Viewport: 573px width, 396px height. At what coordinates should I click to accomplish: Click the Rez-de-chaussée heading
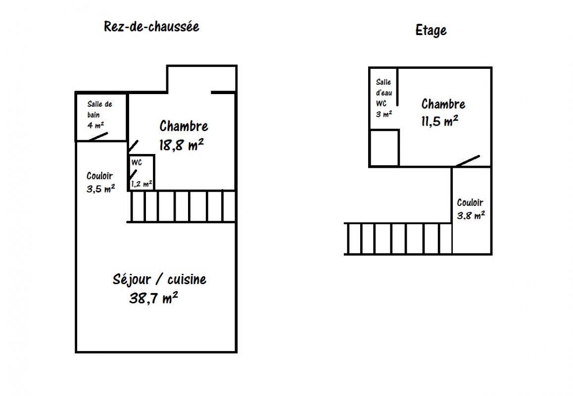coord(151,27)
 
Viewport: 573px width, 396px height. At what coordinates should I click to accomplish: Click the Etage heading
coord(431,30)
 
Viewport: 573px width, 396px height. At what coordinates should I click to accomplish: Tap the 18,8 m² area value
coord(181,145)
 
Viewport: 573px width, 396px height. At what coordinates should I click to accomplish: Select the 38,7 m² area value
coord(153,297)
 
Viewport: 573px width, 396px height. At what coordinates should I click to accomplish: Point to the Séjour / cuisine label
coord(159,279)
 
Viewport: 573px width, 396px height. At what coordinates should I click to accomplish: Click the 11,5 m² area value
coord(439,120)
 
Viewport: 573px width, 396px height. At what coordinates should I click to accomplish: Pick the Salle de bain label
coord(99,109)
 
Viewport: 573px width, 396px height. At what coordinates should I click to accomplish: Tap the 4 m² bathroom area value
coord(95,125)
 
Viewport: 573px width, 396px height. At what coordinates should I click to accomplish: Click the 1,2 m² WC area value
coord(142,184)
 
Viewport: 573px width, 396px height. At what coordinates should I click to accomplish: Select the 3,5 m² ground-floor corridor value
coord(100,189)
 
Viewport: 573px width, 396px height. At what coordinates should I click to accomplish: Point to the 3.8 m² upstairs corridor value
coord(471,215)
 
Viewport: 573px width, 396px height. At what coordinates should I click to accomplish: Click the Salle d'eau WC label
coord(383,93)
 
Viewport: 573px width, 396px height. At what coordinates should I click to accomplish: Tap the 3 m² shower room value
coord(383,114)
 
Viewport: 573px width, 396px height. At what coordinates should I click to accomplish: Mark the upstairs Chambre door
coord(468,161)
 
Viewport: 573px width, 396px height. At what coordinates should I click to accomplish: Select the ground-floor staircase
coord(182,206)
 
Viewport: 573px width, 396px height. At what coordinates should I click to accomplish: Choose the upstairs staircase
coord(398,239)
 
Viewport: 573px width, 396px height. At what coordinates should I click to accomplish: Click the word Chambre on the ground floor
coord(184,126)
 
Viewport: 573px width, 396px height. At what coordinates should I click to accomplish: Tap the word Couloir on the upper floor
coord(470,202)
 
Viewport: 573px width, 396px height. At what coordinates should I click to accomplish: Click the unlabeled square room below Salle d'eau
coord(384,148)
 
